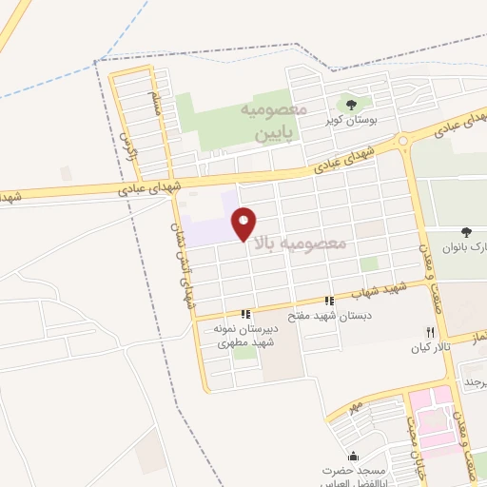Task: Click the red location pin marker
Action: [x=244, y=223]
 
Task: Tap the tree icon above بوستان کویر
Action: [x=352, y=105]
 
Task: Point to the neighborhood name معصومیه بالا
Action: [x=305, y=243]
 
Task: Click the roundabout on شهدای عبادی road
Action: [x=403, y=142]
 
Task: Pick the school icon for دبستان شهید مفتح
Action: [x=329, y=301]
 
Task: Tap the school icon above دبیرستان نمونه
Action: [x=245, y=313]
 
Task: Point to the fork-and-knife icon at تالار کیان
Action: [x=430, y=332]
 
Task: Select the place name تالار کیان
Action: [x=429, y=347]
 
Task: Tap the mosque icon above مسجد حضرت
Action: [x=354, y=457]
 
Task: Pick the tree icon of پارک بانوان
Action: [x=466, y=232]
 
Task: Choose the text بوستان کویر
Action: [x=352, y=121]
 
